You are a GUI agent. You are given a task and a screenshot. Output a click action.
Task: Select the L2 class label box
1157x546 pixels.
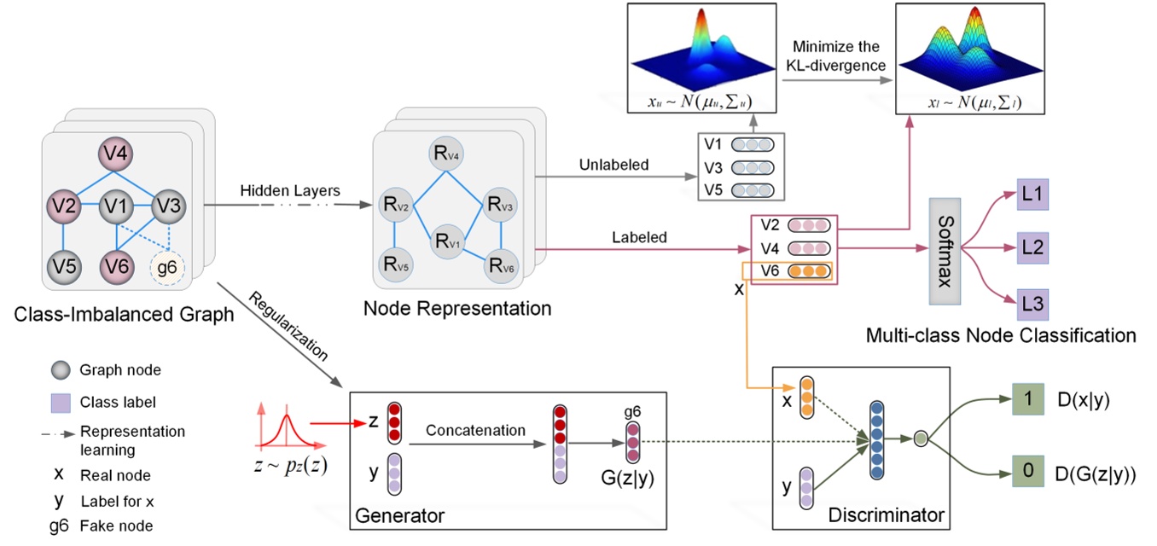tap(1030, 250)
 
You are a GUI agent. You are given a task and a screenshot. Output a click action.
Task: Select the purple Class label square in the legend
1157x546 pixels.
tap(59, 401)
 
